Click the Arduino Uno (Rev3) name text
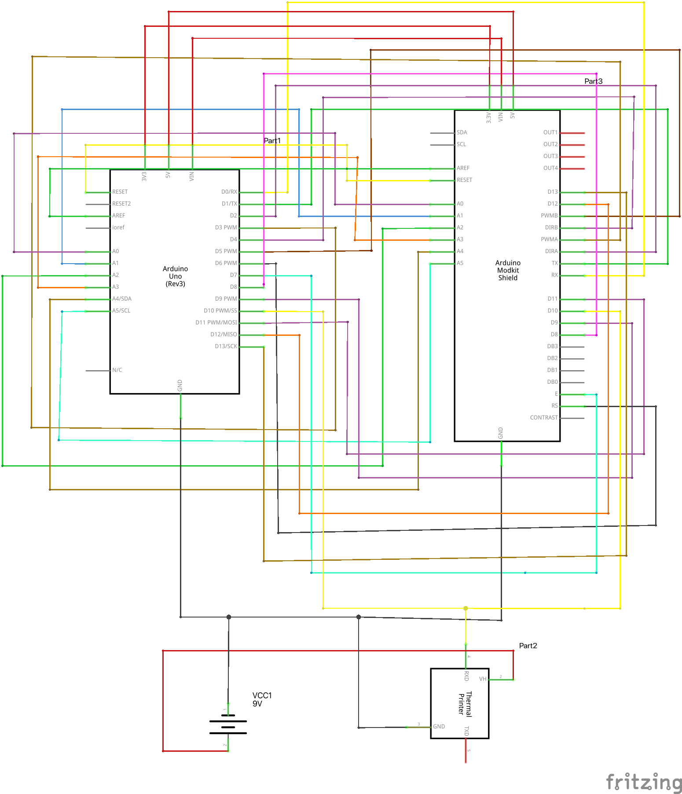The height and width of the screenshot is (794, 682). pos(175,276)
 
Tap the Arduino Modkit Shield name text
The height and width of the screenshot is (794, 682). pos(508,270)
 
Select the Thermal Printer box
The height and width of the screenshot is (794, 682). pos(459,703)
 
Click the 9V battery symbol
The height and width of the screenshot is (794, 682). pos(228,727)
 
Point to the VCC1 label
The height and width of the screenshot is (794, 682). pos(262,695)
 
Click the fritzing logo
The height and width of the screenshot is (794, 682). pos(644,782)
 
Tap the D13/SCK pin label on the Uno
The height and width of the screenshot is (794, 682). pos(226,346)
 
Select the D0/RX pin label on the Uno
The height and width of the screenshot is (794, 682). pos(229,192)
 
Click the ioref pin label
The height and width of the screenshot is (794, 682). pos(118,228)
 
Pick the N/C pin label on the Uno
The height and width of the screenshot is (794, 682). pos(117,370)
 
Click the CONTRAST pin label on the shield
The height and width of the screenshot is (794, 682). pos(543,418)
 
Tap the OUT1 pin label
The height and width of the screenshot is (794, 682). pos(550,132)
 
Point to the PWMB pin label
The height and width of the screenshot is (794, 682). pos(549,216)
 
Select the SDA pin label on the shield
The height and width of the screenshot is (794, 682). pos(462,132)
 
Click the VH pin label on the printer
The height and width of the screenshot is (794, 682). pos(483,679)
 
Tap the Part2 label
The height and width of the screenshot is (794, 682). pos(528,646)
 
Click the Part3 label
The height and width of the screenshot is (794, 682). pos(593,81)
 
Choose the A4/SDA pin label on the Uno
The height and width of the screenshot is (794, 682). pos(121,299)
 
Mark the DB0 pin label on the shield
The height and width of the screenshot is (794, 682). pos(552,382)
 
